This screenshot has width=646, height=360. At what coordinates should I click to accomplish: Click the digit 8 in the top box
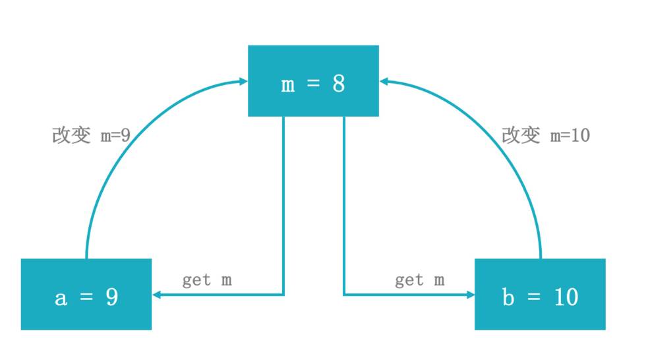coord(338,84)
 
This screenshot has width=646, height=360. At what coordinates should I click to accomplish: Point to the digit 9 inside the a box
coord(111,297)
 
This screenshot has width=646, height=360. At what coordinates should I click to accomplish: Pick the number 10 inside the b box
coord(566,297)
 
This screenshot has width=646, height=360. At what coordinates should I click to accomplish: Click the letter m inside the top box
coord(288,85)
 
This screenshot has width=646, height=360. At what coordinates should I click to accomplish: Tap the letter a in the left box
coord(61,298)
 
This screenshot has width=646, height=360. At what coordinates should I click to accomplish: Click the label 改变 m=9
coord(91,135)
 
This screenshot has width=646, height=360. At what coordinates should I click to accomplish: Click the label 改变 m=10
coord(546,135)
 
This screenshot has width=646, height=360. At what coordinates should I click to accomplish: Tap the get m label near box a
coord(207,280)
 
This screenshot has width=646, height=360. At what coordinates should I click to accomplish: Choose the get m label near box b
coord(419,280)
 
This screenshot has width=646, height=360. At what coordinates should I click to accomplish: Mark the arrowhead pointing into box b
coord(470,295)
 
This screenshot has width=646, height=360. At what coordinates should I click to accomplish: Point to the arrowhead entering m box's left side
coord(243,82)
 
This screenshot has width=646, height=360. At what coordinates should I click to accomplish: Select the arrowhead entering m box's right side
coord(384,82)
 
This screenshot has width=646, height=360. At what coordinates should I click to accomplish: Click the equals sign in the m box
coord(313,84)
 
